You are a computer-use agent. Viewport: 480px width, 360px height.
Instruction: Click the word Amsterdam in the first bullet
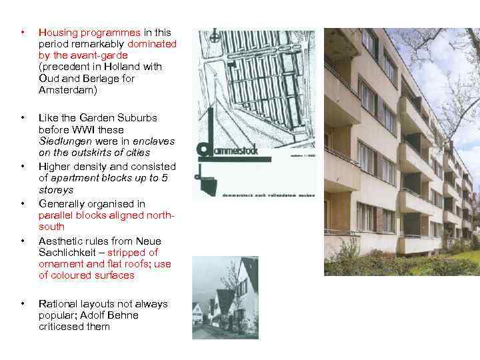coord(67,89)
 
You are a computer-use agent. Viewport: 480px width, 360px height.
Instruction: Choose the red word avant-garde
coord(93,55)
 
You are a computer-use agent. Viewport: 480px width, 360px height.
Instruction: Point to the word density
coord(87,166)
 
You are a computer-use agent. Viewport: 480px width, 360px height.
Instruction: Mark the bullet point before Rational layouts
coord(23,303)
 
